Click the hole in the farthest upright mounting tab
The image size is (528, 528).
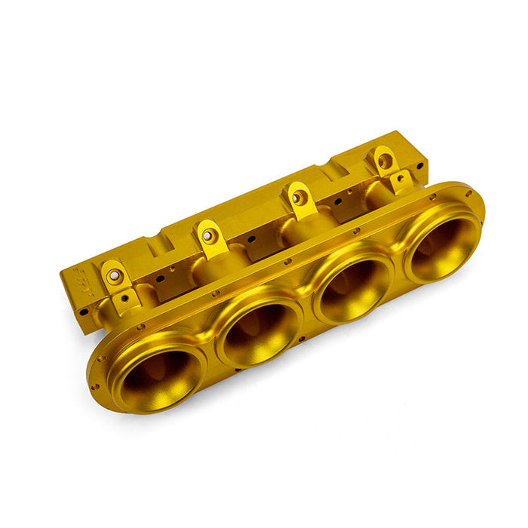(385, 161)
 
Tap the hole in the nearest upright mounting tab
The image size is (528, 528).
(114, 276)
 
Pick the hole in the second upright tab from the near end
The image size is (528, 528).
(210, 236)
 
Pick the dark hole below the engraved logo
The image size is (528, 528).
(84, 312)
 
